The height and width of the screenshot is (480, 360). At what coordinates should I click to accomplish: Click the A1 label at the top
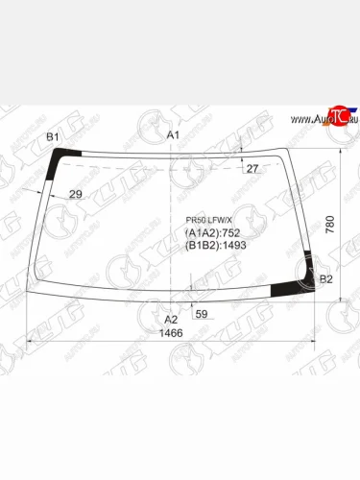coord(173,134)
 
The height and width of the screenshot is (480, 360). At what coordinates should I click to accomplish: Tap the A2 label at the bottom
coord(171,320)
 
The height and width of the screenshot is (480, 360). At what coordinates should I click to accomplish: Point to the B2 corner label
coord(325,279)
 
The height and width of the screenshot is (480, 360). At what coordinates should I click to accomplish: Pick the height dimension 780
coord(330,223)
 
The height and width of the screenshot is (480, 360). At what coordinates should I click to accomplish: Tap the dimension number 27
coord(252,169)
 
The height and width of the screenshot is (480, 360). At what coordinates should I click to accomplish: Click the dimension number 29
coord(76,195)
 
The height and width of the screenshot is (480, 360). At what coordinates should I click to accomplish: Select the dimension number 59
coord(202,314)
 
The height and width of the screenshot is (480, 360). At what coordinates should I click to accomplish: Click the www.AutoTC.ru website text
coord(309,120)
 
